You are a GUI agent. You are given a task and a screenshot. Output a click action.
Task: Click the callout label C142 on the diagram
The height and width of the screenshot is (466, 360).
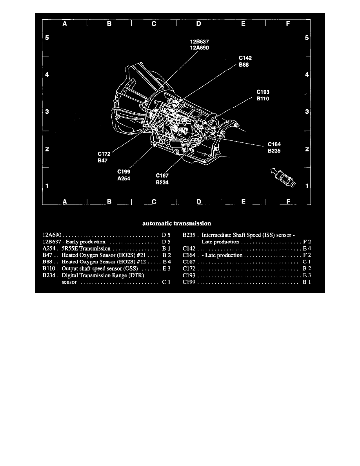(x=245, y=58)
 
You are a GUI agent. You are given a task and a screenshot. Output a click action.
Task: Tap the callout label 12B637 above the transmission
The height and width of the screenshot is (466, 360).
(x=199, y=42)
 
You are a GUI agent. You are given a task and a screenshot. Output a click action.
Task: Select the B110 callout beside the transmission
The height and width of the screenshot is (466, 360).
(x=263, y=99)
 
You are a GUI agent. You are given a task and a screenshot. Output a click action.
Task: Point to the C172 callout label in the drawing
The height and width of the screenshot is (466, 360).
(x=104, y=154)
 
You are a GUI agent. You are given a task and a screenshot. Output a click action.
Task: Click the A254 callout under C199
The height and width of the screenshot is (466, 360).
(x=124, y=178)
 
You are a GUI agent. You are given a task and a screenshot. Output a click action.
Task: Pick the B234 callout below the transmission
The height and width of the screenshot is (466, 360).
(x=162, y=182)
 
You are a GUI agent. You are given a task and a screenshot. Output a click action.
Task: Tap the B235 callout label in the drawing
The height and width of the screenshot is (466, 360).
(x=274, y=151)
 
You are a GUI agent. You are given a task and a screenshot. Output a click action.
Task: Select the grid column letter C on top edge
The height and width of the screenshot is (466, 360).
(x=154, y=24)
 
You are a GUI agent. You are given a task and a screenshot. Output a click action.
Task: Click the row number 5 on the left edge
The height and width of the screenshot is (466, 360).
(x=47, y=38)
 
